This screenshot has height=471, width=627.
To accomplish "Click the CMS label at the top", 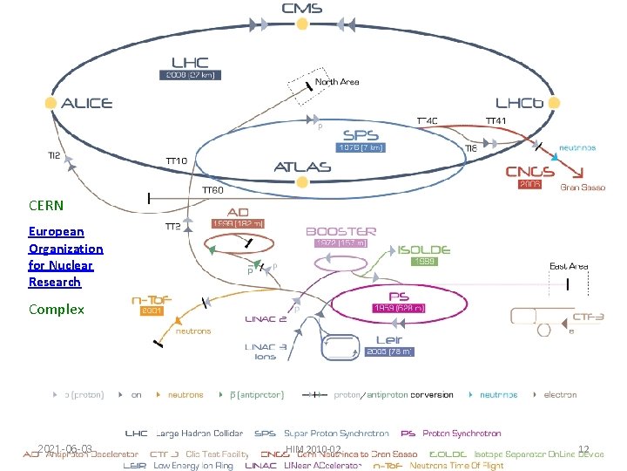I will pyautogui.click(x=302, y=8).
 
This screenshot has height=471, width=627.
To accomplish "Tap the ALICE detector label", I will pyautogui.click(x=86, y=103).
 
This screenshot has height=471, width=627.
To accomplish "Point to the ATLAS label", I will pyautogui.click(x=302, y=166).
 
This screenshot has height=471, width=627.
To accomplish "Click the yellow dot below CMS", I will pyautogui.click(x=302, y=24).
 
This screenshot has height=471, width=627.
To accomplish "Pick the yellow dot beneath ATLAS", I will pyautogui.click(x=302, y=182).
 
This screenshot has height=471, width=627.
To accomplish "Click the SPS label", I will pyautogui.click(x=360, y=135).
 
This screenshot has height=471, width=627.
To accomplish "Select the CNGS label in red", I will pyautogui.click(x=530, y=172).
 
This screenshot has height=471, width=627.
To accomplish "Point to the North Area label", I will pyautogui.click(x=337, y=82).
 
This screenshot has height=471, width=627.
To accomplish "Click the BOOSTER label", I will pyautogui.click(x=340, y=231).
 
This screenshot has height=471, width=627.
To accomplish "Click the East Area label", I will pyautogui.click(x=569, y=266).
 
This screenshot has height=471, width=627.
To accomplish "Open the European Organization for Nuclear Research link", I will pyautogui.click(x=65, y=256).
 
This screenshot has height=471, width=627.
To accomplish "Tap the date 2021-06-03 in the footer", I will pyautogui.click(x=64, y=449).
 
